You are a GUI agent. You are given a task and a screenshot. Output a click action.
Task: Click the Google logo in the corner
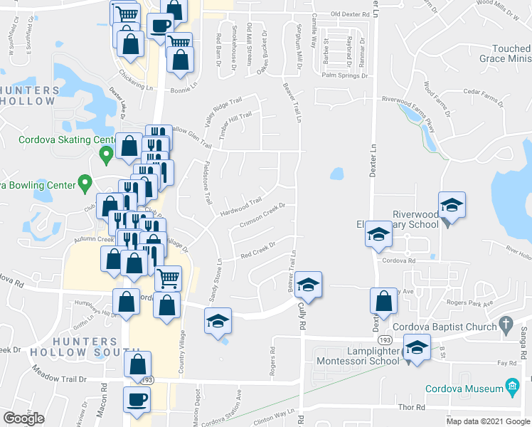coord(24,418)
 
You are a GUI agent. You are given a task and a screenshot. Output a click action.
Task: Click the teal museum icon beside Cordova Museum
coord(511,387)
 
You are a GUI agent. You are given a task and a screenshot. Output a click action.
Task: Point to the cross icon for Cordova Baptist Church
coord(506,325)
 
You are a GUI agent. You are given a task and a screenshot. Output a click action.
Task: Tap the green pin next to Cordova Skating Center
coord(106,153)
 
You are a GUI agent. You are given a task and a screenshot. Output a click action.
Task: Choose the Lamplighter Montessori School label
coord(361,356)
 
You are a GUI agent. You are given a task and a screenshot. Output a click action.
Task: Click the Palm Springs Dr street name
coord(344,75)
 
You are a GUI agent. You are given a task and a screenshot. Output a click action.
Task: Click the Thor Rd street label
coord(411,407)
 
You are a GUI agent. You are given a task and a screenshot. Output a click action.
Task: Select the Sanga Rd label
coord(523,334)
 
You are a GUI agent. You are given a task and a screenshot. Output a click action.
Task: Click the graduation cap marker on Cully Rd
coord(308,284)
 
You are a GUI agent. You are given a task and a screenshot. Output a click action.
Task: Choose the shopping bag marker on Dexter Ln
coord(383,301)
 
